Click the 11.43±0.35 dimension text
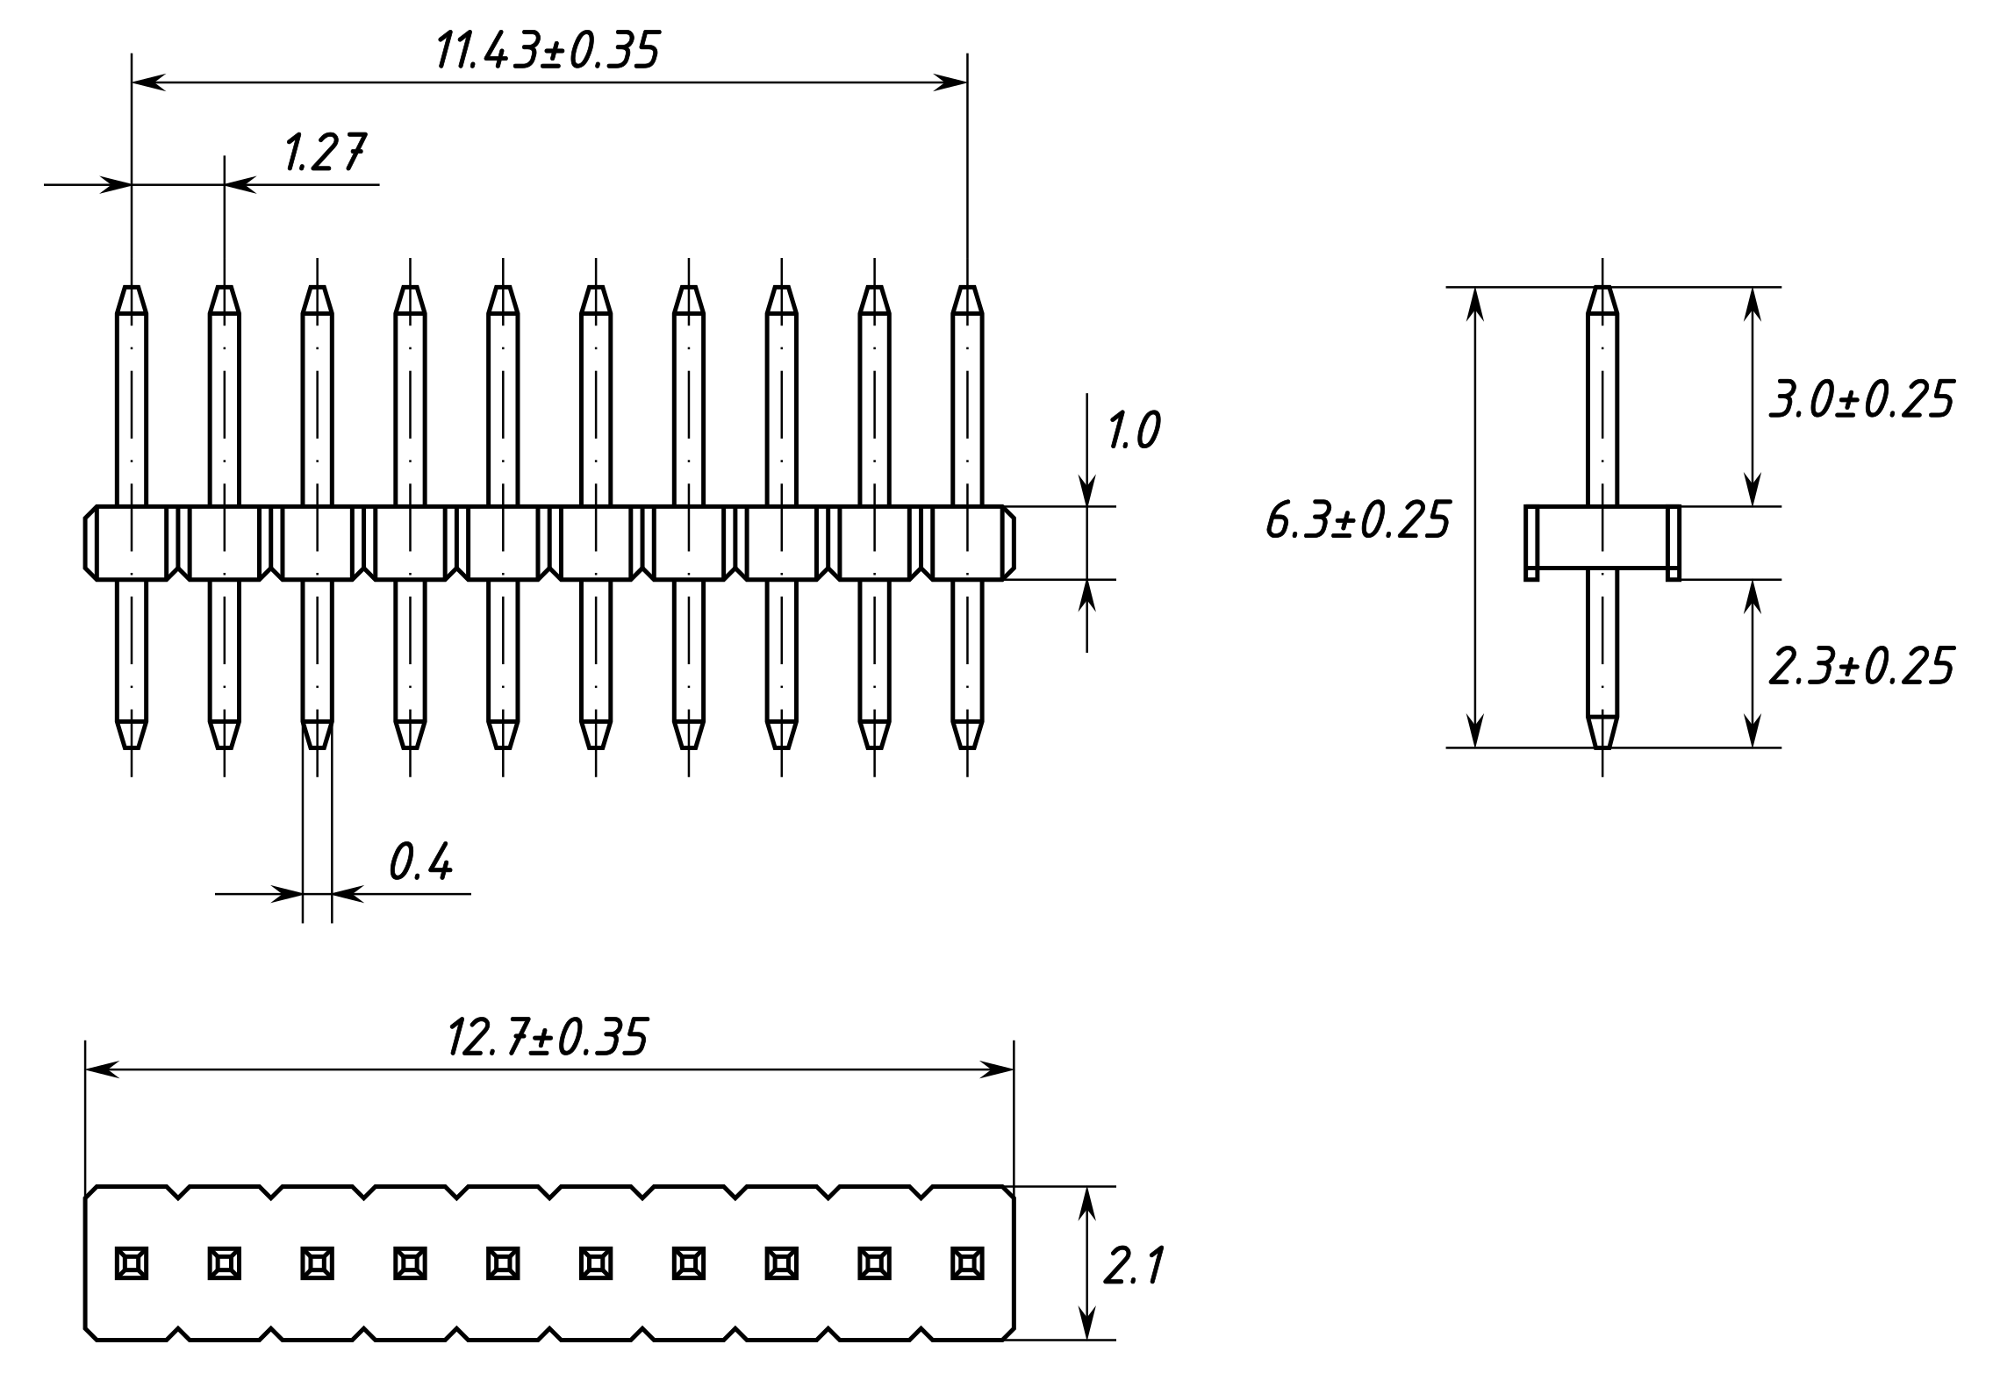click(x=547, y=51)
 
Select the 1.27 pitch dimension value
click(x=324, y=154)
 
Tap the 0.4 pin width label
click(x=420, y=862)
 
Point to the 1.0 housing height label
click(x=1133, y=431)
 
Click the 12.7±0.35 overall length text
click(x=548, y=1038)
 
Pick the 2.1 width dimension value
click(x=1132, y=1267)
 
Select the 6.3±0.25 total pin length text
click(x=1358, y=520)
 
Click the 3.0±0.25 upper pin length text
click(x=1860, y=400)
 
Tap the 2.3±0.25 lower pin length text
click(x=1860, y=667)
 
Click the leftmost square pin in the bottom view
click(x=132, y=1263)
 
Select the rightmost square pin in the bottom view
click(x=967, y=1263)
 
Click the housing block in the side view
click(x=1602, y=542)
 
